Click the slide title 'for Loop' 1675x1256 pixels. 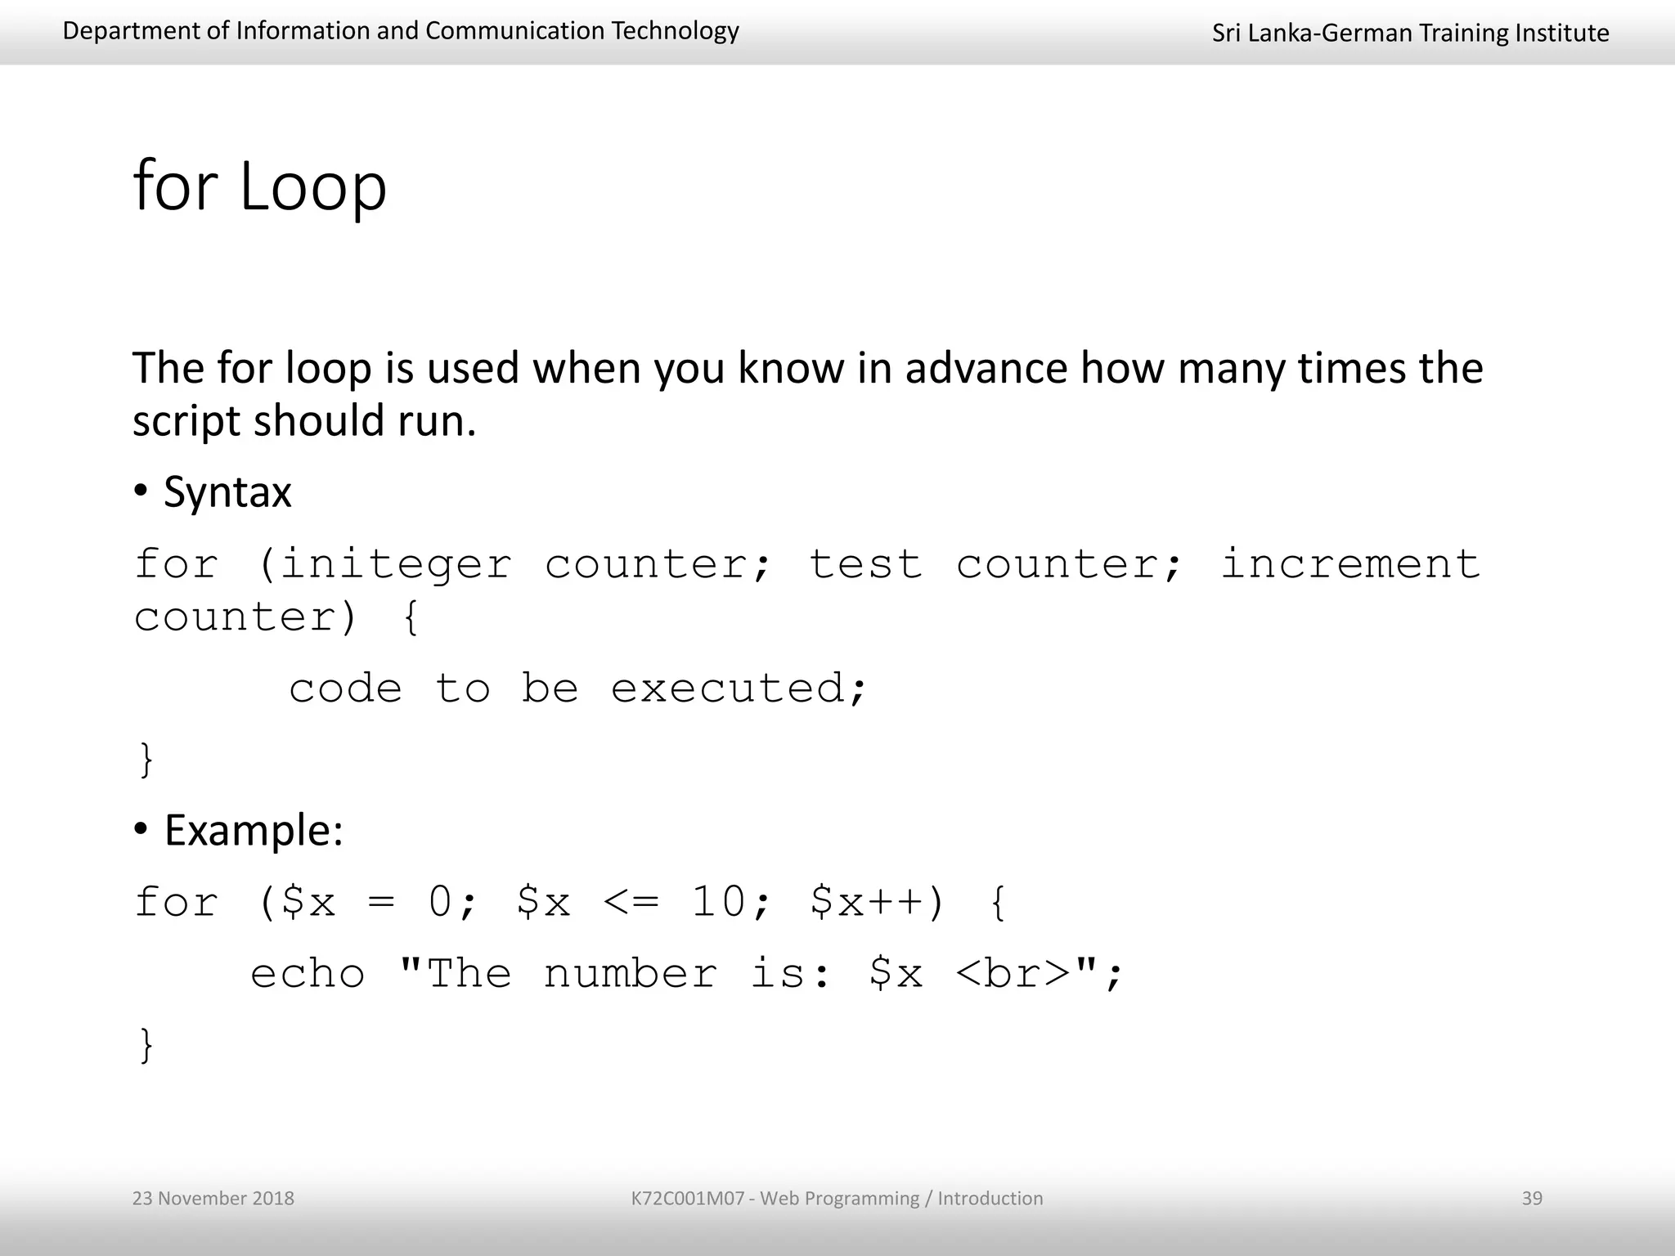[259, 186]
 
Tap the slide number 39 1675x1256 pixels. [1531, 1198]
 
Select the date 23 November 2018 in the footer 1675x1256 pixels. [213, 1198]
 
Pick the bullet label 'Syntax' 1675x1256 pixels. [227, 492]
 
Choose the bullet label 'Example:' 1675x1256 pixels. [254, 831]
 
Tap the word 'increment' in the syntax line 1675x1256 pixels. [1349, 565]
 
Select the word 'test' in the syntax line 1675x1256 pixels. [864, 565]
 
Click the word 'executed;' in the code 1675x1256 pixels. [738, 689]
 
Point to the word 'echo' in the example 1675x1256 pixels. [308, 974]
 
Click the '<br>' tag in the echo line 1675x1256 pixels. [1013, 974]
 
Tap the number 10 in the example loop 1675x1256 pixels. [718, 903]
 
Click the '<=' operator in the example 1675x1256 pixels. [631, 903]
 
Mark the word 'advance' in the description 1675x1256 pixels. [986, 368]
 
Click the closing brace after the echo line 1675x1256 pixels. [146, 1045]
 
